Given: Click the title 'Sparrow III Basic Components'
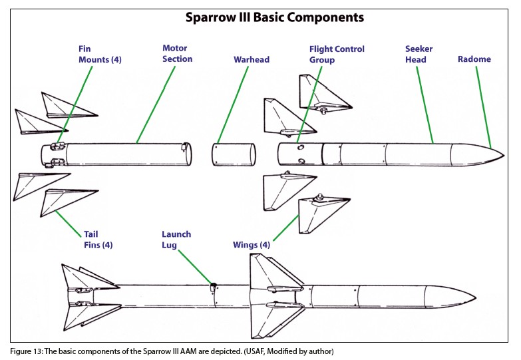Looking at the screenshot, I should click(x=260, y=17).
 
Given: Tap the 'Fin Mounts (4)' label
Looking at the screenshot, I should click(x=98, y=55).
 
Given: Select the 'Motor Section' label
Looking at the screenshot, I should click(x=177, y=54).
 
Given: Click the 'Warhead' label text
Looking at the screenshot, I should click(x=251, y=59).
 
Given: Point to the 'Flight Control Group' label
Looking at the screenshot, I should click(x=337, y=54).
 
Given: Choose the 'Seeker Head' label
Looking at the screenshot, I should click(x=419, y=54).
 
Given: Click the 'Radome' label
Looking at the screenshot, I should click(x=474, y=59).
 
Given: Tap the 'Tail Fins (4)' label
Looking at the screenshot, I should click(x=98, y=240).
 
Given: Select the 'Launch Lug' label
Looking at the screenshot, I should click(x=176, y=240).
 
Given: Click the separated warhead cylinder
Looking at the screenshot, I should click(x=234, y=154).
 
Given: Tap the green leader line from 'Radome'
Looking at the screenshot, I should click(x=484, y=107).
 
